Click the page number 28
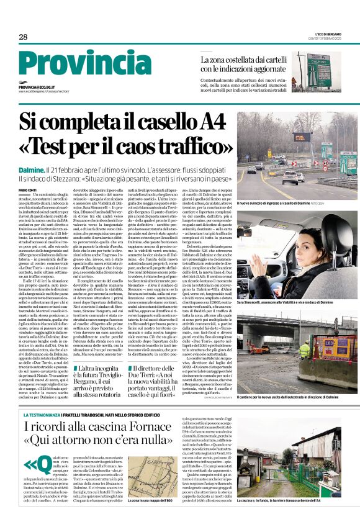[23, 37]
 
